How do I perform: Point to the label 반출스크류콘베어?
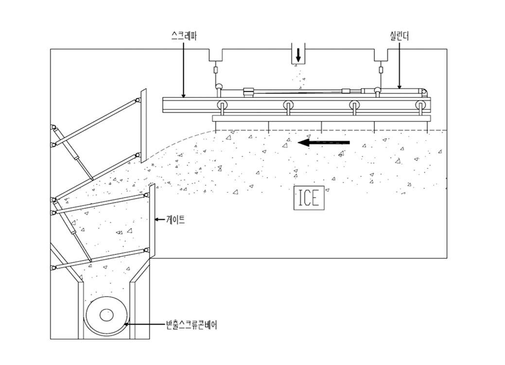(x=191, y=325)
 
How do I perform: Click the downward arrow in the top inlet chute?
(x=298, y=56)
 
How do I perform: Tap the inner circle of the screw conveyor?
(x=107, y=315)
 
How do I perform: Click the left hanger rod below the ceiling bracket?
(x=216, y=70)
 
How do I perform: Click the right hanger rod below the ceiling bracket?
(x=382, y=70)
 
